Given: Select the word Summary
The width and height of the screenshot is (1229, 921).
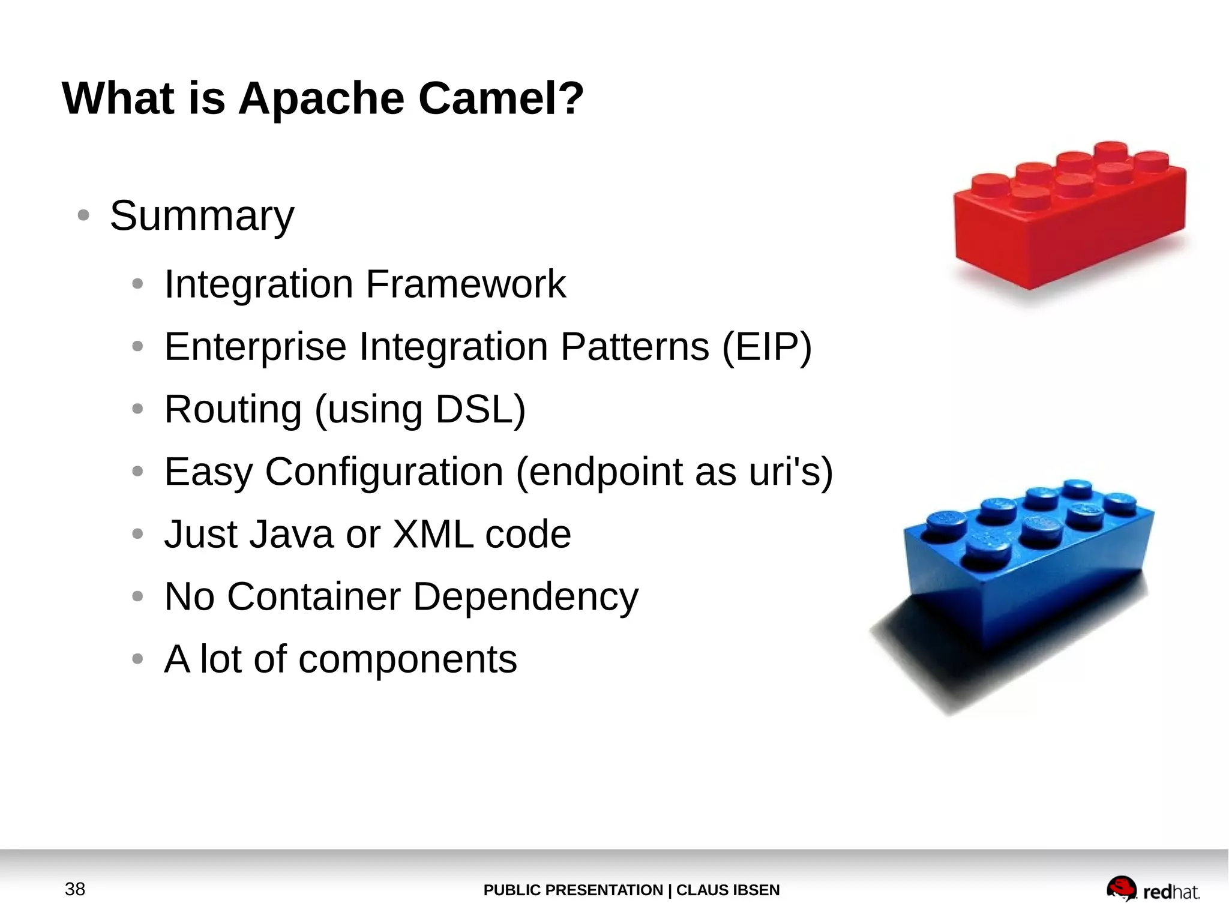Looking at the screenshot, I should click(x=202, y=215).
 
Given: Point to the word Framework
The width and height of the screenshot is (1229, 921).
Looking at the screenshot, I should click(x=466, y=284).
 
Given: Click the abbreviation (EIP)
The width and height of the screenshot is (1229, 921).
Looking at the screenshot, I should click(x=766, y=347).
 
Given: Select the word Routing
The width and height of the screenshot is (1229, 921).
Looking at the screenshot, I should click(x=233, y=409).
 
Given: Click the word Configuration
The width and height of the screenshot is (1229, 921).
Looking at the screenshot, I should click(x=384, y=472).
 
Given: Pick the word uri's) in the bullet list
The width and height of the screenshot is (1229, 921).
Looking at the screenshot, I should click(x=791, y=472).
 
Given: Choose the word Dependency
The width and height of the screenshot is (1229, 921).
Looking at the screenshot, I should click(x=526, y=596).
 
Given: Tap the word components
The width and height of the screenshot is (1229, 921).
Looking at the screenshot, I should click(x=407, y=659).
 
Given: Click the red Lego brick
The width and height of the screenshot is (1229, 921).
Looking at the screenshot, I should click(x=1068, y=222).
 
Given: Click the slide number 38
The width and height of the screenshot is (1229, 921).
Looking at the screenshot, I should click(x=75, y=889).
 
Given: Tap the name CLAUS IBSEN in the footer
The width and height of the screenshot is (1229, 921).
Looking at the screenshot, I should click(x=728, y=890).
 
